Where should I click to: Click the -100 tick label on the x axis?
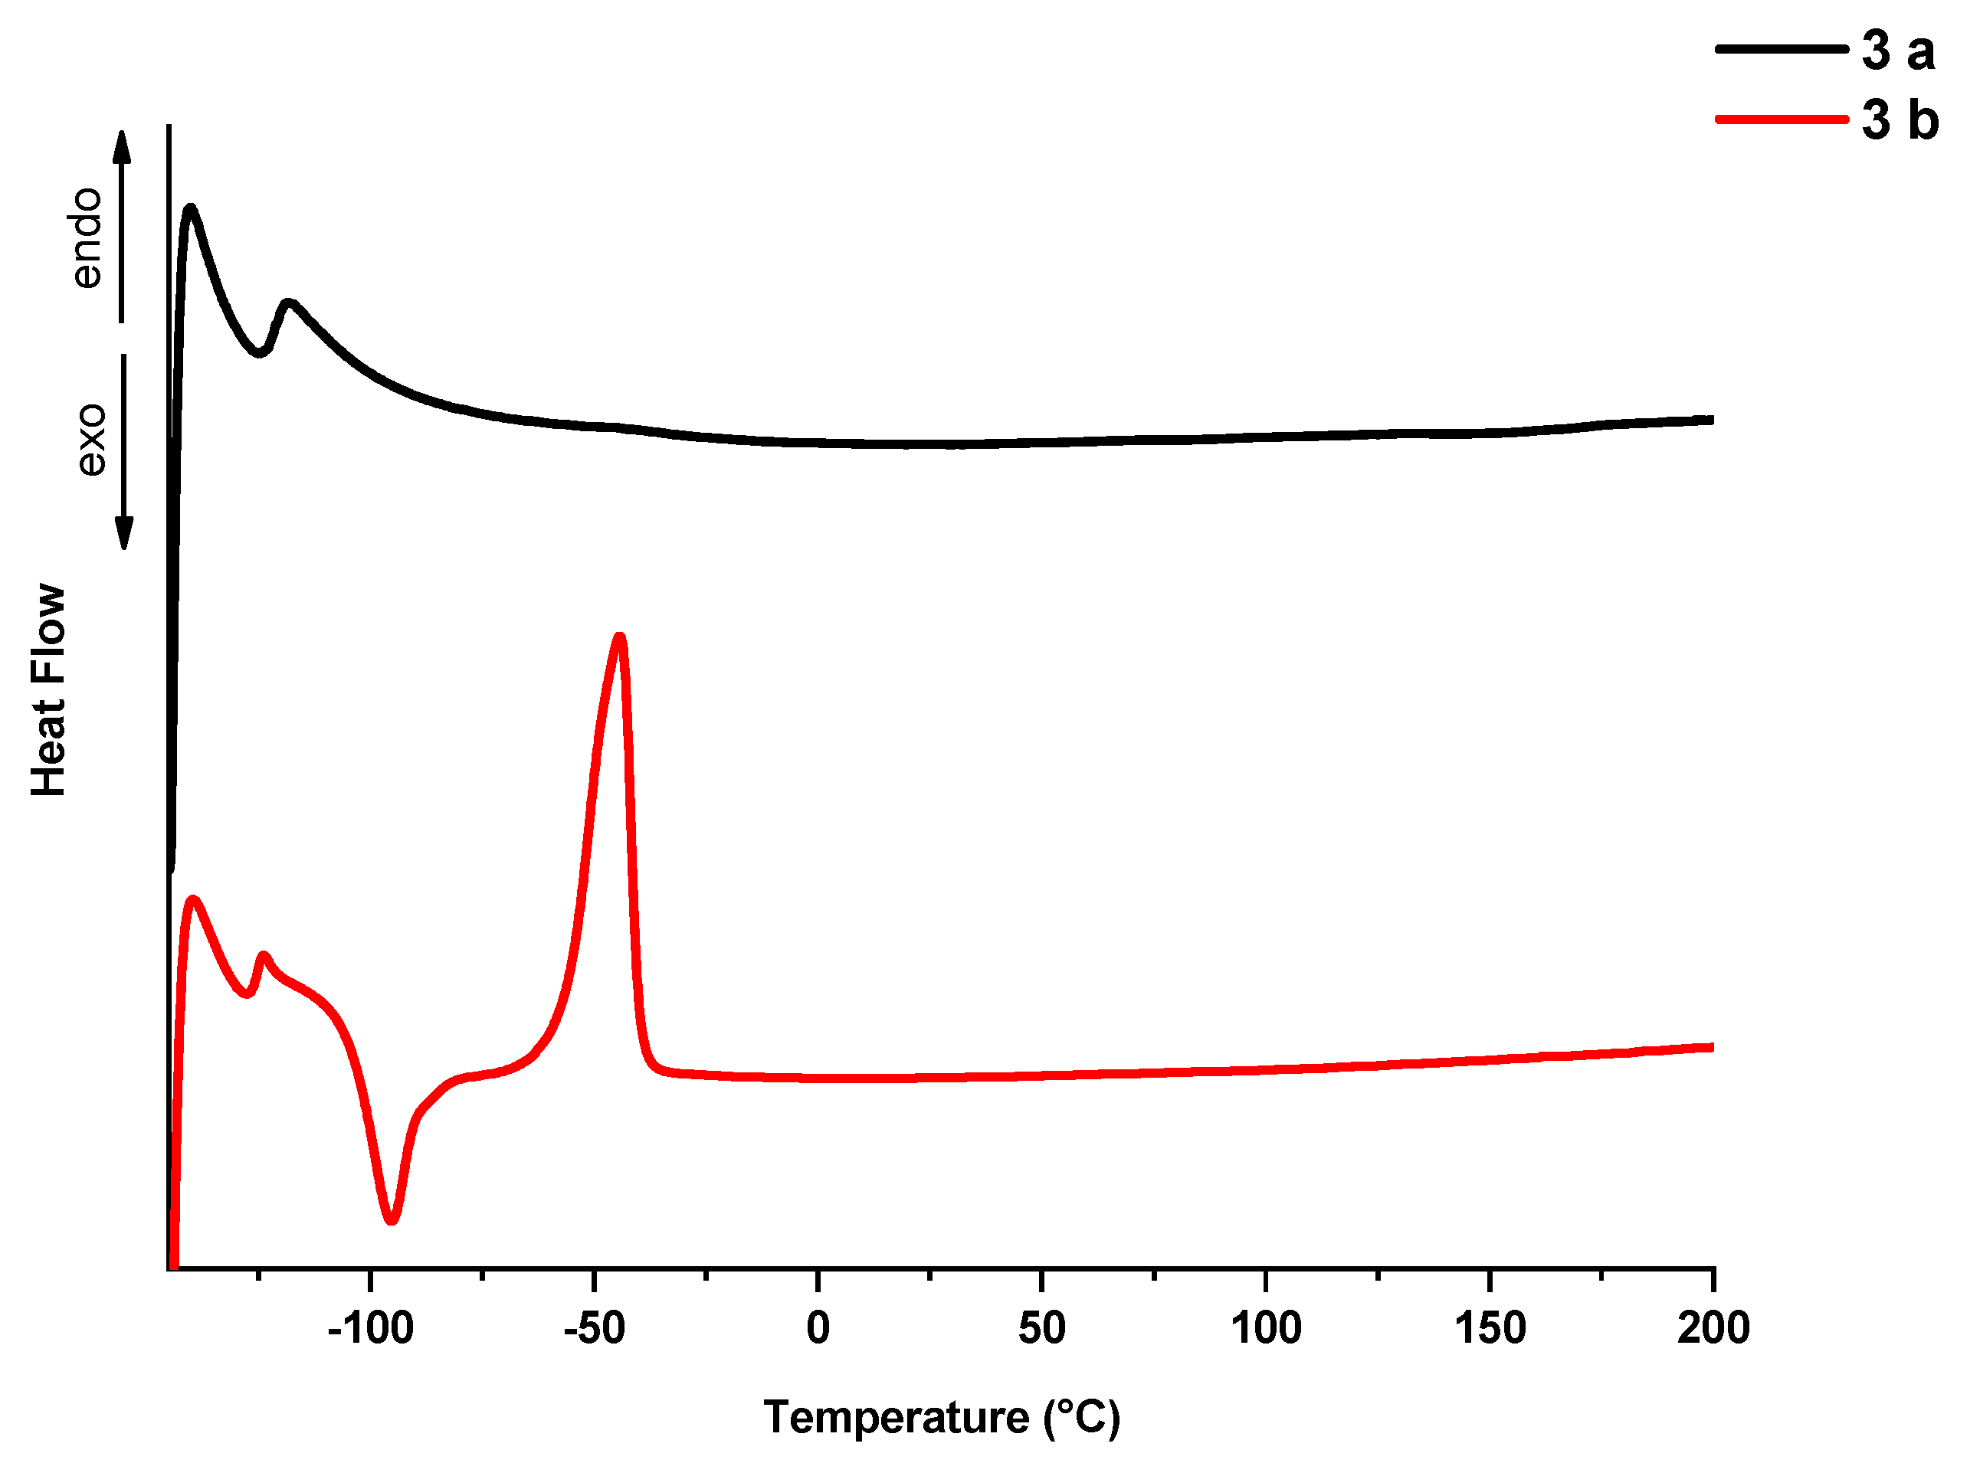pyautogui.click(x=369, y=1329)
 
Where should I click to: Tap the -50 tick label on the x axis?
pyautogui.click(x=594, y=1329)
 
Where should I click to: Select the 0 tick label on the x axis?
pyautogui.click(x=818, y=1329)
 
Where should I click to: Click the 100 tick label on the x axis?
pyautogui.click(x=1266, y=1329)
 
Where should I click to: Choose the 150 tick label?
pyautogui.click(x=1490, y=1329)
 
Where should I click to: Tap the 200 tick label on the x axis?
pyautogui.click(x=1713, y=1329)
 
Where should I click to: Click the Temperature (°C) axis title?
pyautogui.click(x=942, y=1417)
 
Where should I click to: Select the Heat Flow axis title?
pyautogui.click(x=49, y=691)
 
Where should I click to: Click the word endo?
pyautogui.click(x=87, y=237)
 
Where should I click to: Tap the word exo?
pyautogui.click(x=90, y=440)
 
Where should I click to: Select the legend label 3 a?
pyautogui.click(x=1897, y=51)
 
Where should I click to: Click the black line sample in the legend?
pyautogui.click(x=1781, y=49)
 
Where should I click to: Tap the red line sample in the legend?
pyautogui.click(x=1781, y=119)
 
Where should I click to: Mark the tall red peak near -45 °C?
pyautogui.click(x=620, y=637)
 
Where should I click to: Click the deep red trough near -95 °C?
pyautogui.click(x=392, y=1220)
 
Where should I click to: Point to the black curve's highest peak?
pyautogui.click(x=189, y=209)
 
